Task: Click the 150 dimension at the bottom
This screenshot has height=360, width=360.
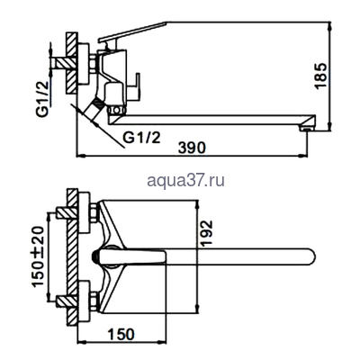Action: (x=121, y=335)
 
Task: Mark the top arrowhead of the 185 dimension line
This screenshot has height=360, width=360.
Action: (x=320, y=25)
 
